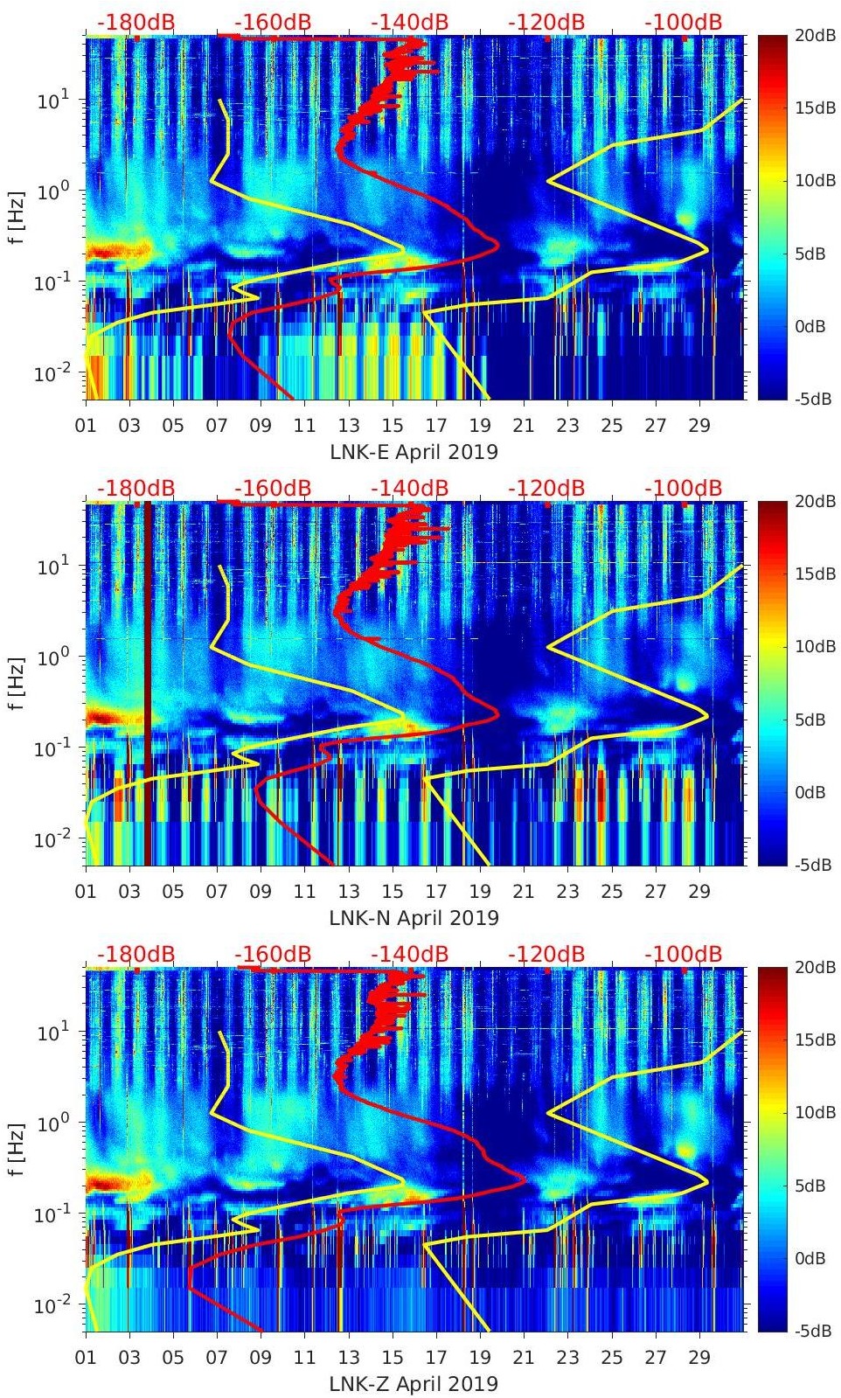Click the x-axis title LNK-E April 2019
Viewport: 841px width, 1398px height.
(414, 452)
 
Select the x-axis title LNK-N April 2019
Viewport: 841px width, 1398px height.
(414, 918)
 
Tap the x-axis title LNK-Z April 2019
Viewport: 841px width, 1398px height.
(414, 1384)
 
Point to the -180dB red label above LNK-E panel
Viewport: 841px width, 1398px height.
(136, 22)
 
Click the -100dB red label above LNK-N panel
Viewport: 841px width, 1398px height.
(683, 488)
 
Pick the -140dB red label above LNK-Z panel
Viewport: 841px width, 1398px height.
(409, 954)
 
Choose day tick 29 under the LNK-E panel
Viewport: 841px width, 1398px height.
(699, 426)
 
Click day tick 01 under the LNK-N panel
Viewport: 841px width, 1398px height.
(86, 892)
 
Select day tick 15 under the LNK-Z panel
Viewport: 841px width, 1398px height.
(393, 1358)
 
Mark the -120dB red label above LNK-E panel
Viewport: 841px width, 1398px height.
(546, 22)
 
